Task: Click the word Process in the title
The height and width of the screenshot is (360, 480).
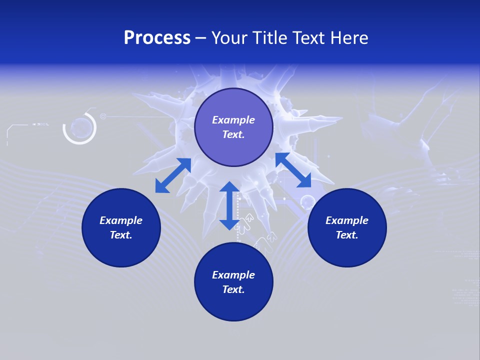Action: click(x=157, y=38)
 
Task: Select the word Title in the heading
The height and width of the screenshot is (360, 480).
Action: click(x=270, y=38)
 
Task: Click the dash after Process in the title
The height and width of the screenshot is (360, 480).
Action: click(x=200, y=38)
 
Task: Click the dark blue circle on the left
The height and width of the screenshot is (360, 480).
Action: click(x=121, y=227)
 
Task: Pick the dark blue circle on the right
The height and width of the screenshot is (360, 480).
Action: click(x=347, y=227)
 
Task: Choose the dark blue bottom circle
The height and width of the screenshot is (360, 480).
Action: click(x=233, y=282)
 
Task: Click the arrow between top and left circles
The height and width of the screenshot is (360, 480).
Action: click(x=173, y=175)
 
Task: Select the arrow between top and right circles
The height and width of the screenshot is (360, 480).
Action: click(x=293, y=170)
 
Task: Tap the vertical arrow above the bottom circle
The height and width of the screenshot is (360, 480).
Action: click(x=229, y=205)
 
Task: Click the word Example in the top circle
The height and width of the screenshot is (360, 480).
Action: click(x=233, y=120)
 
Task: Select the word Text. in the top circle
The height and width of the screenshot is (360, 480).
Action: click(x=233, y=134)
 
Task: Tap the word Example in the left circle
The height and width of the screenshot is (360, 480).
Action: click(x=121, y=220)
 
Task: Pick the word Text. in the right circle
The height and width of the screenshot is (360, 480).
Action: click(x=347, y=235)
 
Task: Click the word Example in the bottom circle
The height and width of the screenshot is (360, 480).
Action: click(x=233, y=275)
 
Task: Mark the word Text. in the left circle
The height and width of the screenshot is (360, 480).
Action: click(x=121, y=235)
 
